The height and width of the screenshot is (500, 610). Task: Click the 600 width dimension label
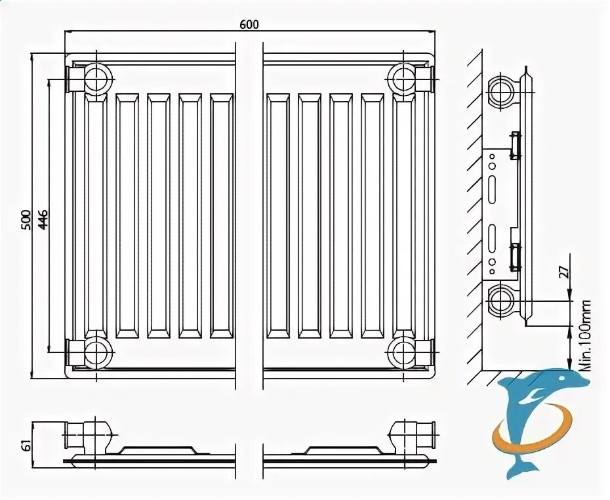point(249,24)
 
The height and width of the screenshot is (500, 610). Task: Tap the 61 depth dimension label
point(26,445)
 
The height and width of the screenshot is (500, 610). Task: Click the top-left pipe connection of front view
point(98,79)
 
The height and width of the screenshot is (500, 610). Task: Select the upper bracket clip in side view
point(516,146)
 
